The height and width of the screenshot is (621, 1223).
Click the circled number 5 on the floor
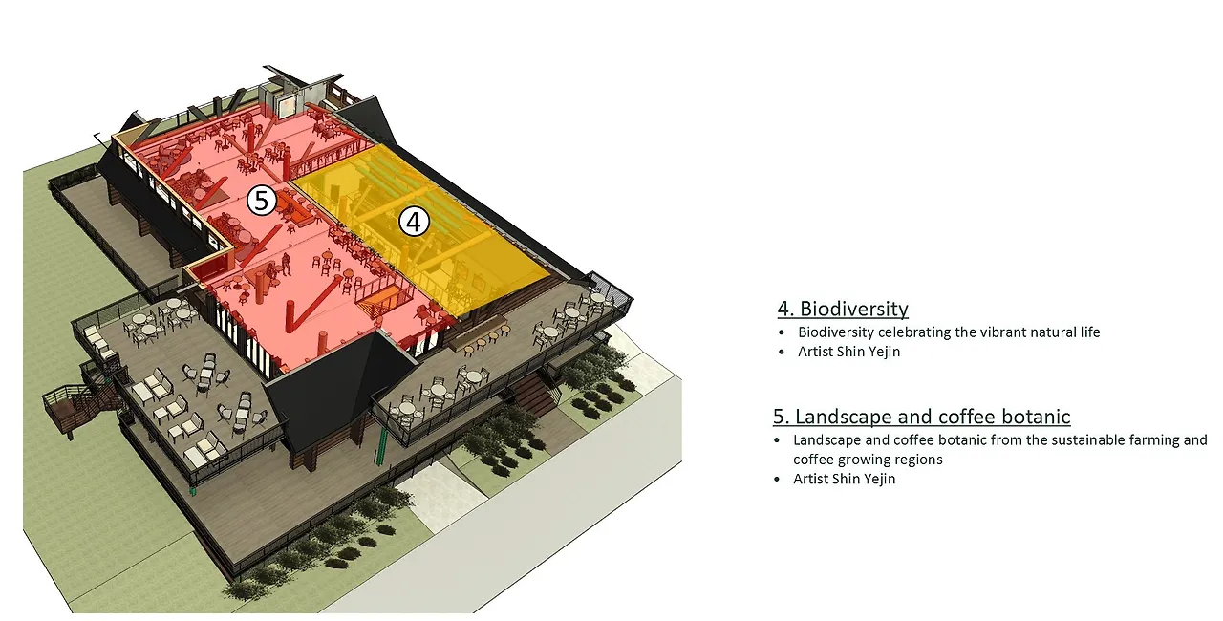tap(261, 201)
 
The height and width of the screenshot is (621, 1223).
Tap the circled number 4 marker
tap(414, 222)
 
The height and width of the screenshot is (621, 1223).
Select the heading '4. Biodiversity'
tap(842, 309)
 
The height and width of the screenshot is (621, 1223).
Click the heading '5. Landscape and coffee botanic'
tap(921, 417)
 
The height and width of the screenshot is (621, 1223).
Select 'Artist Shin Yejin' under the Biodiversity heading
tap(848, 352)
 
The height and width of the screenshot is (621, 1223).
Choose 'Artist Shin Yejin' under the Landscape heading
tap(844, 479)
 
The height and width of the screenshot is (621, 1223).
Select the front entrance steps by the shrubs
tap(535, 392)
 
